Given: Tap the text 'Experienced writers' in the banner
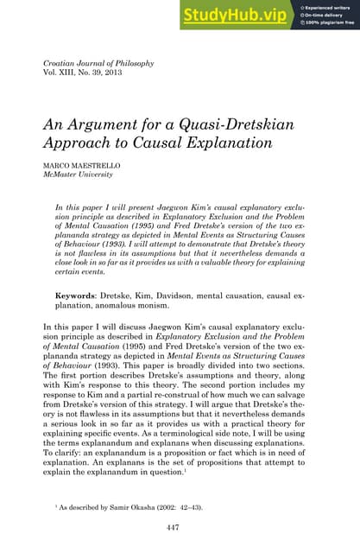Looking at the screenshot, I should click(x=328, y=7).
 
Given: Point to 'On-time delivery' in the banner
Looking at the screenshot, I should click(x=325, y=15).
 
